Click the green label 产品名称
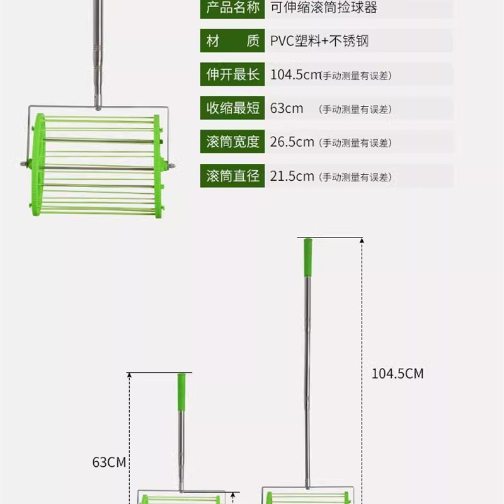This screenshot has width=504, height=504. tap(231, 8)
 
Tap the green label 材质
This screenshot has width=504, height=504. tap(231, 42)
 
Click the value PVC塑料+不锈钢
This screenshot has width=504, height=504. tap(319, 42)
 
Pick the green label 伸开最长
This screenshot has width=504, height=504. tap(231, 74)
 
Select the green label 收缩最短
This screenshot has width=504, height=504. tap(231, 108)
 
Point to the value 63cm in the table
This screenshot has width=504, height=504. tap(287, 108)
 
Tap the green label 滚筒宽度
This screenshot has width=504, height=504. tap(231, 142)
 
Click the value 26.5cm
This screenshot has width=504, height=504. tap(292, 142)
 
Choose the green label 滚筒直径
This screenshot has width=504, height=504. tap(231, 176)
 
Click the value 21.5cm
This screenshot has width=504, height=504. tap(292, 176)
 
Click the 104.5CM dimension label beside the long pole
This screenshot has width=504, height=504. tap(397, 374)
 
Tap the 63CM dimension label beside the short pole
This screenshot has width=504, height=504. tap(109, 462)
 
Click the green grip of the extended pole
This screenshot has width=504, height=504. tap(308, 257)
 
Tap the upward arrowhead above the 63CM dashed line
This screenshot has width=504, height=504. tap(129, 375)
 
